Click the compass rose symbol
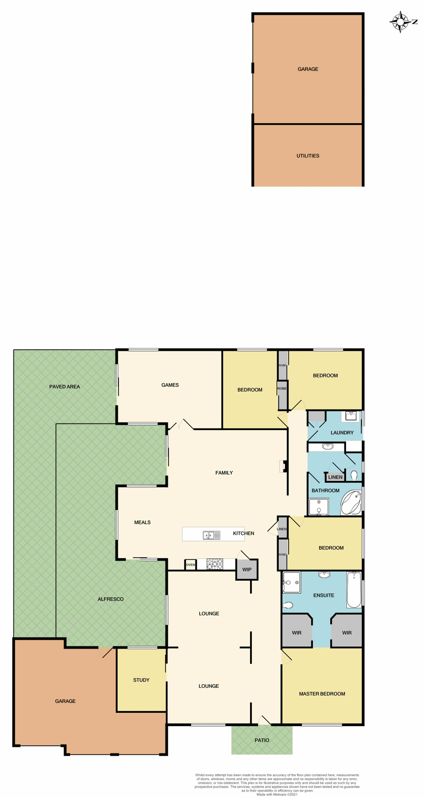click(x=400, y=22)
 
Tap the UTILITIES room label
click(x=308, y=156)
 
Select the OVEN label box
click(x=190, y=564)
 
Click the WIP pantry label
click(x=247, y=569)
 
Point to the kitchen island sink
click(x=211, y=535)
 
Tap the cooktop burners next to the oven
click(x=215, y=564)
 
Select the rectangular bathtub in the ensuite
click(x=354, y=590)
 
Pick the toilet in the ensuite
click(x=287, y=605)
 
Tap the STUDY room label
click(x=141, y=680)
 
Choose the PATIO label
click(x=262, y=740)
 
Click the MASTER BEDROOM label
click(x=322, y=694)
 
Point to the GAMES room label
click(x=170, y=385)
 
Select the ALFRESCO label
click(x=111, y=599)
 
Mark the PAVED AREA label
click(x=64, y=387)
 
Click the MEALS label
click(x=142, y=522)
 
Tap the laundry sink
click(x=351, y=416)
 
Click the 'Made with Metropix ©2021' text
click(x=277, y=794)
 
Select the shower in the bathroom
click(x=319, y=507)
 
